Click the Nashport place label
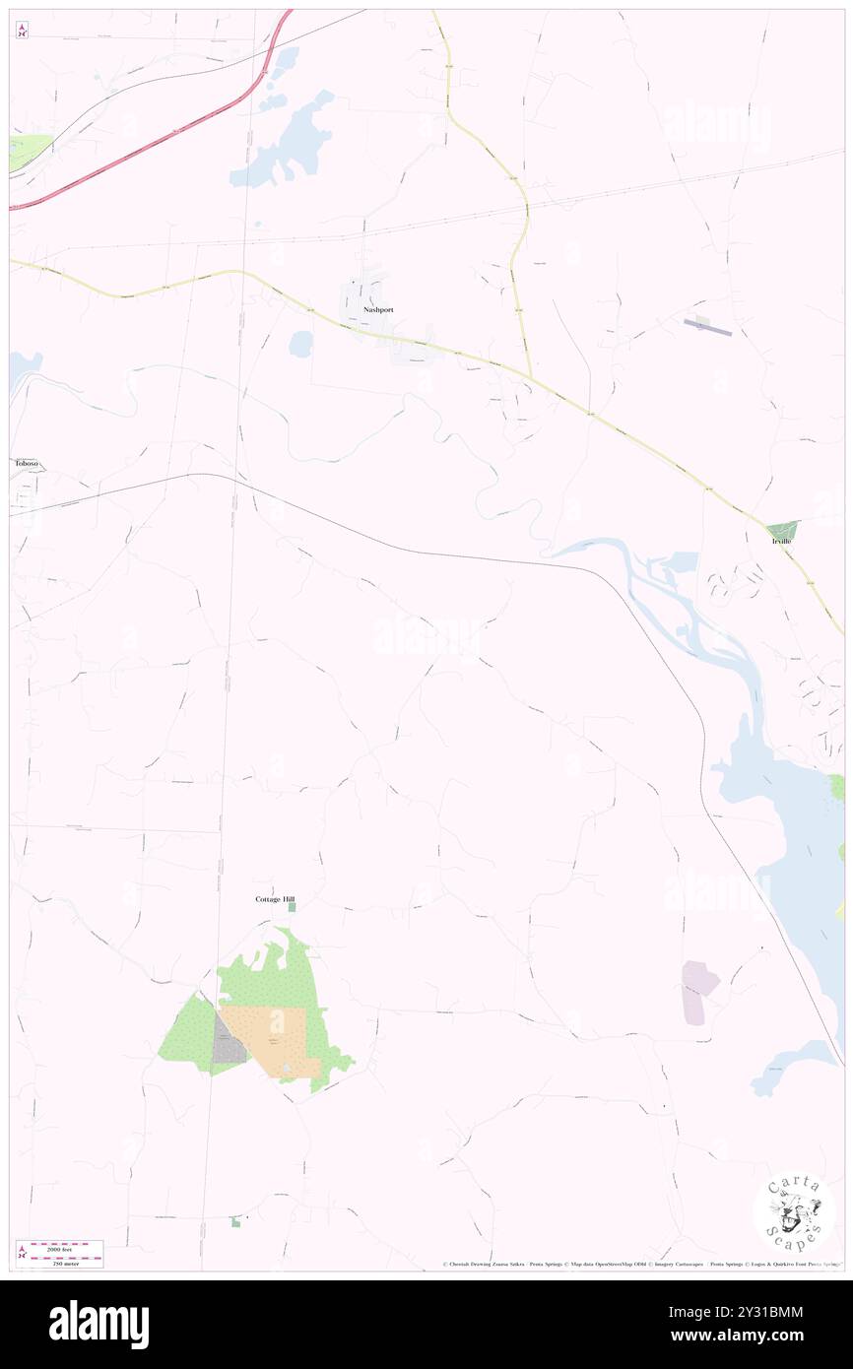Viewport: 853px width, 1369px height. point(378,309)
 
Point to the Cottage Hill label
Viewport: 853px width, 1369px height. point(275,899)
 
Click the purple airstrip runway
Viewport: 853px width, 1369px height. point(708,327)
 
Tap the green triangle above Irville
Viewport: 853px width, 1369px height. point(784,529)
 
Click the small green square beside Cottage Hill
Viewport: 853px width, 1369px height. point(292,907)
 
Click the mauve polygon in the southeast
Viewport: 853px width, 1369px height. point(698,990)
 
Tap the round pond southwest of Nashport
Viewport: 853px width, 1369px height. point(301,344)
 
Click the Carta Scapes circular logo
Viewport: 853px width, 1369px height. point(794,1212)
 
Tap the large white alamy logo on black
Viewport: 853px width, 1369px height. point(98,1324)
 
